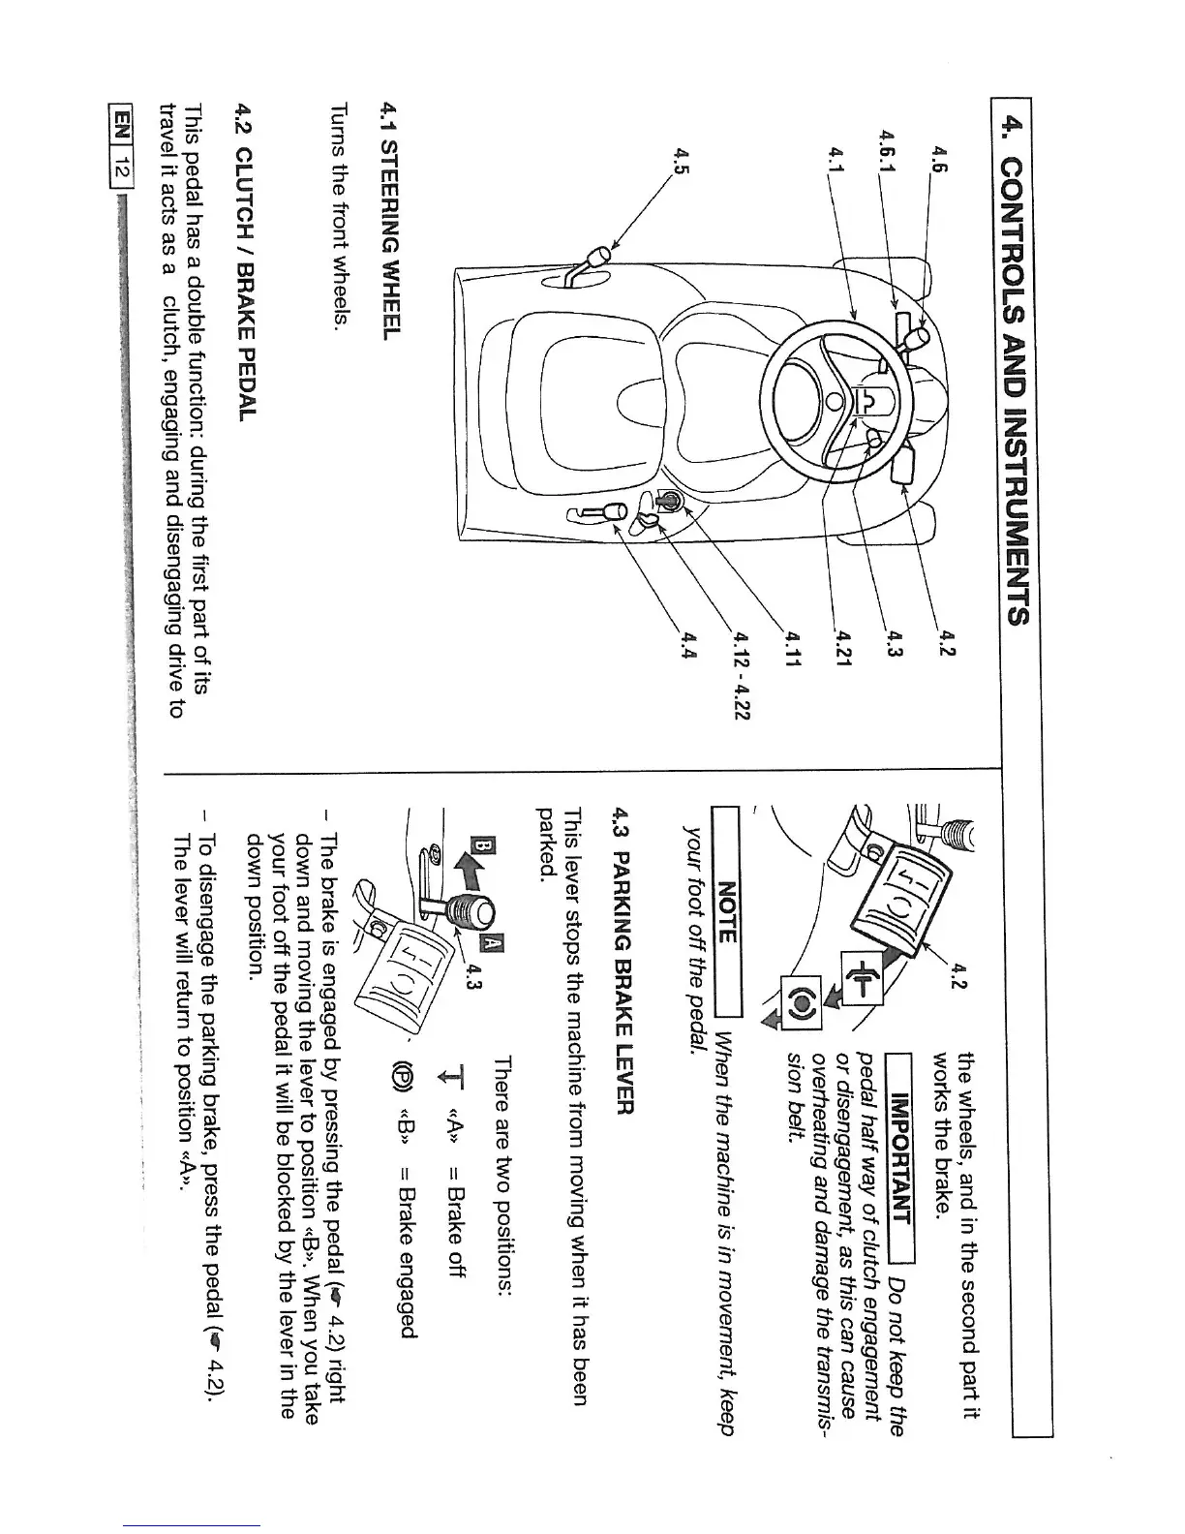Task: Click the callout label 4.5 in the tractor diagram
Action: (x=683, y=158)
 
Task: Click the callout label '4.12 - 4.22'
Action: (x=744, y=677)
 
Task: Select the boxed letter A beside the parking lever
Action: (x=490, y=942)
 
